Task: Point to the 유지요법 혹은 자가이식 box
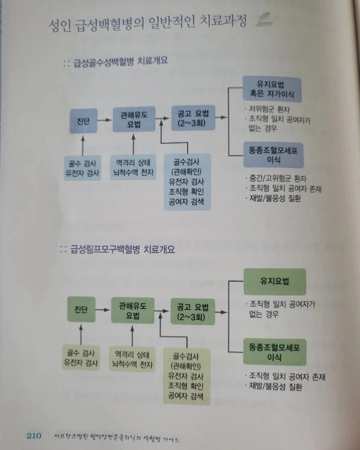(x=272, y=90)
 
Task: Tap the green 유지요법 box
(x=274, y=282)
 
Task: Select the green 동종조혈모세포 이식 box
(x=274, y=352)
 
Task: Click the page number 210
(x=34, y=436)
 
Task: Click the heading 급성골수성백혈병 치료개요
(x=119, y=61)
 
